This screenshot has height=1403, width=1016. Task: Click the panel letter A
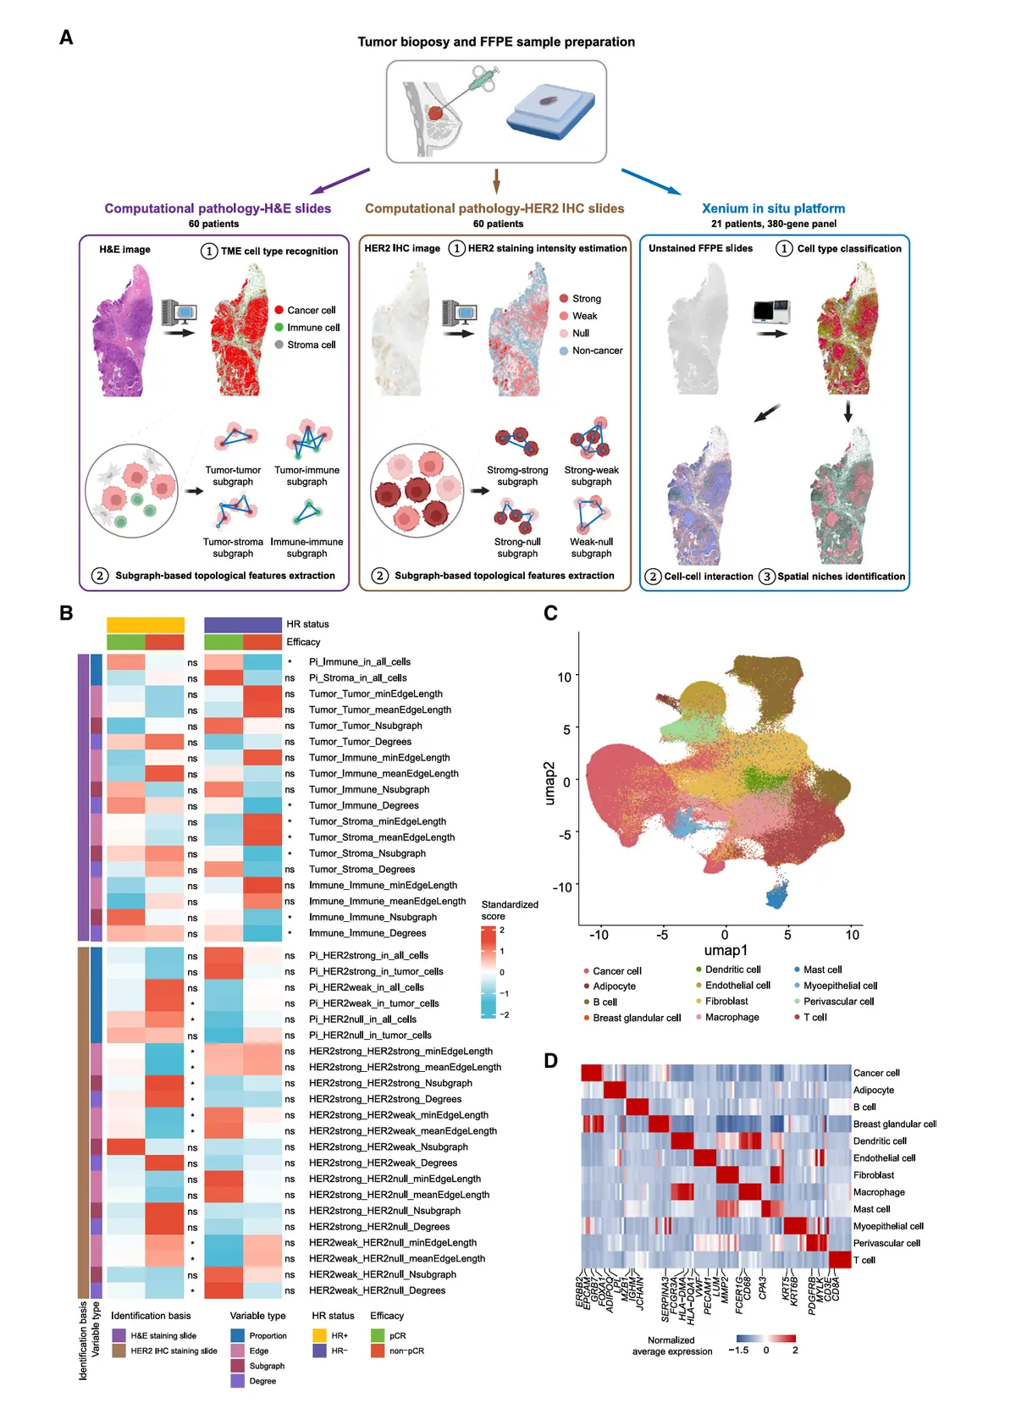66,37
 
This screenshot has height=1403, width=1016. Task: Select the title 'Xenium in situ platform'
773,208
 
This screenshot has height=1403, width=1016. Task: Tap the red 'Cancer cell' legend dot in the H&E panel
279,310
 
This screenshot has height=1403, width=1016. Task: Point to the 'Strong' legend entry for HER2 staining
586,299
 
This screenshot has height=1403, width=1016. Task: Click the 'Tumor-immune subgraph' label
306,476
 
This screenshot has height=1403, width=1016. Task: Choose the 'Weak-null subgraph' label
591,548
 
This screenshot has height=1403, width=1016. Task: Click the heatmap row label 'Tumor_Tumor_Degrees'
360,742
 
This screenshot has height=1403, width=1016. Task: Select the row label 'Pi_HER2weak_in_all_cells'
367,987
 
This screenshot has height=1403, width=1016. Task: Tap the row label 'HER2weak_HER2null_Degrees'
377,1290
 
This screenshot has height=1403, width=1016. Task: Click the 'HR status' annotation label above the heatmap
307,624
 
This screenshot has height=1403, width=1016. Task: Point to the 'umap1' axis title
726,950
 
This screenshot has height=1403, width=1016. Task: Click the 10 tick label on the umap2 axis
564,677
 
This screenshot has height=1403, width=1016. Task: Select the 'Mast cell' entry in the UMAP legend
822,969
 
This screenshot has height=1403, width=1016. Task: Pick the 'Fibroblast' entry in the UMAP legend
726,1001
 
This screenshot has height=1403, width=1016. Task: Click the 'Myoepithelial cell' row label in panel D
888,1226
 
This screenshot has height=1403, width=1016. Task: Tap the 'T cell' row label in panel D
864,1260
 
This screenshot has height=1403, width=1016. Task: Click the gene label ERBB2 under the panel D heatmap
582,1291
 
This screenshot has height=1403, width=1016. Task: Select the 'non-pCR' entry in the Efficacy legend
406,1351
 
